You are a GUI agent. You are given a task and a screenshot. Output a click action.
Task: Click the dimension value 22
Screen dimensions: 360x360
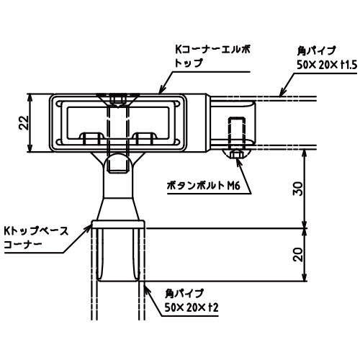coord(24,122)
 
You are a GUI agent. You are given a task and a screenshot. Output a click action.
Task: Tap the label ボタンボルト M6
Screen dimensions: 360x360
coord(204,186)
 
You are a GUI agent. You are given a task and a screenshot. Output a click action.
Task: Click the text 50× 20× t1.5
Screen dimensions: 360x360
coord(327,65)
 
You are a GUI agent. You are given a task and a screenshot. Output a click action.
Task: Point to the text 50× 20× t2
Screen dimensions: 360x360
coord(192,307)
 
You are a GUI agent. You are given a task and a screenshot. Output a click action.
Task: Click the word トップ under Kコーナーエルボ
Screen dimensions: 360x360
coord(189,63)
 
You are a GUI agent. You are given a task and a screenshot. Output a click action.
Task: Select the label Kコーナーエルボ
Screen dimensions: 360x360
coord(212,50)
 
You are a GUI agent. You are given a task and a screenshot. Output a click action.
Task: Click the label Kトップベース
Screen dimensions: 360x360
coord(36,231)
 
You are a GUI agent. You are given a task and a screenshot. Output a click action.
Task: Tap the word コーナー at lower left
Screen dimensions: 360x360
coord(23,245)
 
